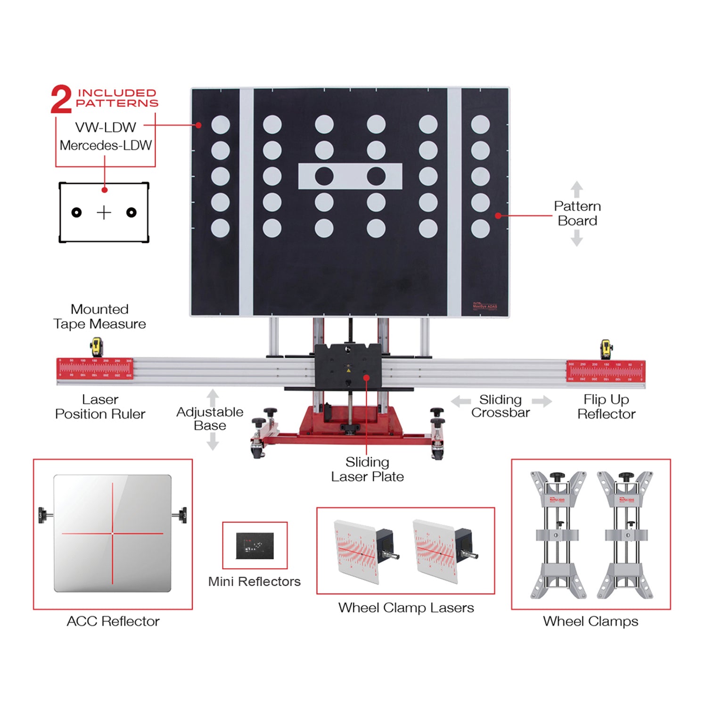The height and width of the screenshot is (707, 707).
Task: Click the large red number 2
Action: coord(61,99)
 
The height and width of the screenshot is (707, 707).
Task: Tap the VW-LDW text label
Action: coord(106,127)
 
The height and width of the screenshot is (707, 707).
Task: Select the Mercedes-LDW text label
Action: coord(106,145)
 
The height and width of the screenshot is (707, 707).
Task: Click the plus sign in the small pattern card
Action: coord(104,213)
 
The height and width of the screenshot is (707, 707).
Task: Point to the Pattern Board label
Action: coord(577,214)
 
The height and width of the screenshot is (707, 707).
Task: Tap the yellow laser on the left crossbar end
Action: coord(97,347)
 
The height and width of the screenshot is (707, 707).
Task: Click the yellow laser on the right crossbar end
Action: coord(606,349)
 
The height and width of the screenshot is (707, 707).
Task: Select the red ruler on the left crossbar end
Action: coord(95,369)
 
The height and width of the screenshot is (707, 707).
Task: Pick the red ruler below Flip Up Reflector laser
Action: coord(606,371)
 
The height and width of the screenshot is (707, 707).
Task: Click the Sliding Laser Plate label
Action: coord(367,469)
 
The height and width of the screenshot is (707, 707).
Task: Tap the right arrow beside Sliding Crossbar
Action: coord(542,402)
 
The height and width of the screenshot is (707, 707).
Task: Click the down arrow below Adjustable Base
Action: coord(213,442)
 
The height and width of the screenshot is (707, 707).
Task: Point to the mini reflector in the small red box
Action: coord(255,546)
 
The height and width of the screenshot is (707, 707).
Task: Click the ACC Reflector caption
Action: coord(113,621)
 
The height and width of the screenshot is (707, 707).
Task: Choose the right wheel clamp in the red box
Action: coord(625,535)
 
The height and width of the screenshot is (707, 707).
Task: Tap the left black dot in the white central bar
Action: coord(324,176)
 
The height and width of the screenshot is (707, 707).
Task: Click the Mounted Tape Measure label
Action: coord(99,317)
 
